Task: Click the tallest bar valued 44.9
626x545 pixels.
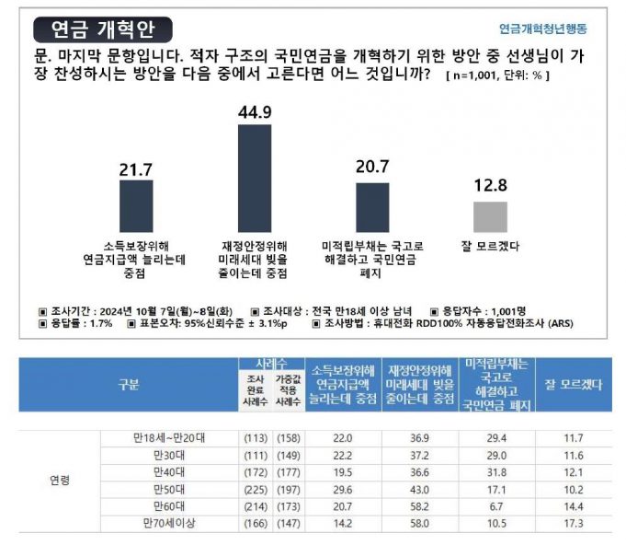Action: (254, 180)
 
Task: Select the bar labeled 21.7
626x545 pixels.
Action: (136, 206)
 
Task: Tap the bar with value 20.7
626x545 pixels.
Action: (372, 208)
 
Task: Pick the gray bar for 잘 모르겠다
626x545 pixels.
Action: (490, 217)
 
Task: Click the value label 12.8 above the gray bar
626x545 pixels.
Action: (490, 185)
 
